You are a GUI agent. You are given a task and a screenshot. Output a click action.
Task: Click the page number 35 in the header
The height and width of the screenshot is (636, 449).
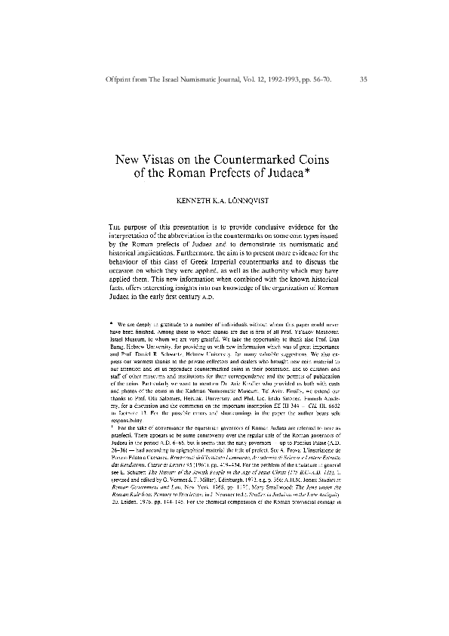point(364,78)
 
